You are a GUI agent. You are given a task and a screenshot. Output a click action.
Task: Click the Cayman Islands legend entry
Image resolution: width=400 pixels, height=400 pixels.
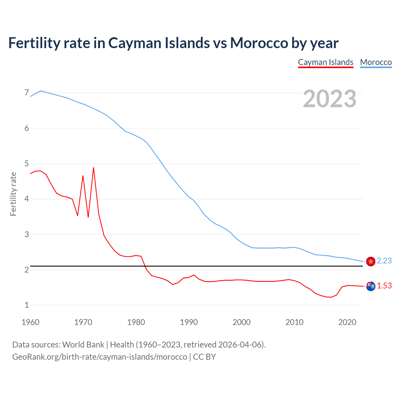325,62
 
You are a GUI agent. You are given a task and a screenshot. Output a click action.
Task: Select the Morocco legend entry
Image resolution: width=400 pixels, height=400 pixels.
376,62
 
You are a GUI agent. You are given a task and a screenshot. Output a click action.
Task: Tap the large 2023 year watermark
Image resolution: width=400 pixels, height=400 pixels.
329,99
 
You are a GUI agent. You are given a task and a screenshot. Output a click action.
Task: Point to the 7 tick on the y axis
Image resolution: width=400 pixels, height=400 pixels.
27,93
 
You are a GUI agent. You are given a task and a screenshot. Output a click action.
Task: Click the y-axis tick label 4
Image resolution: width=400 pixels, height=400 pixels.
27,199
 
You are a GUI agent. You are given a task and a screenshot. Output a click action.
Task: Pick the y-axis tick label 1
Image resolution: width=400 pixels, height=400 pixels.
27,305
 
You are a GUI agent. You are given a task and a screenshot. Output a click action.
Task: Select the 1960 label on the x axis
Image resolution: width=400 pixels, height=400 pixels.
30,322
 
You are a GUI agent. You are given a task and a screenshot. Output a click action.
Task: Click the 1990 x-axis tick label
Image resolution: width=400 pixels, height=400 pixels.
189,322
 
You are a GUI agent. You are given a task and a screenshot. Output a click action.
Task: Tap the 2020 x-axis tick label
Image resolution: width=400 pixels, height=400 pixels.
347,322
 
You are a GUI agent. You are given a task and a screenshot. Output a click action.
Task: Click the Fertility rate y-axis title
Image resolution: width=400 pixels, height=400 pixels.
13,194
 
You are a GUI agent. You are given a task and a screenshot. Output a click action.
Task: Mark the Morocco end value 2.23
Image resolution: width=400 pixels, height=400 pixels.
384,261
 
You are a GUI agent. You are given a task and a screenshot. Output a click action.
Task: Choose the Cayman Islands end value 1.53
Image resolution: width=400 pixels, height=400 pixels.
384,286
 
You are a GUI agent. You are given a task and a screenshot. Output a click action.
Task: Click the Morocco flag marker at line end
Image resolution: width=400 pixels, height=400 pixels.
371,261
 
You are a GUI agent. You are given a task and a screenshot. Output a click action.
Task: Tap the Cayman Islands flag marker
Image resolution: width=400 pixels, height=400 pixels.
371,286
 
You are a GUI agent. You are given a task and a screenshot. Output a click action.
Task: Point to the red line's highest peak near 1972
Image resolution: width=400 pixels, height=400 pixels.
93,168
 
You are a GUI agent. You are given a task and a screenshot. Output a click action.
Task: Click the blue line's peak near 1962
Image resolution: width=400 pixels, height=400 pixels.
41,91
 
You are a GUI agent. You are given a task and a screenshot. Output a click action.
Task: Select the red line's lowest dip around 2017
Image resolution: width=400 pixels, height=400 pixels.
331,297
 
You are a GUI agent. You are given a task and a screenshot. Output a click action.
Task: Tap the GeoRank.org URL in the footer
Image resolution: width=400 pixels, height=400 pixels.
99,357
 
